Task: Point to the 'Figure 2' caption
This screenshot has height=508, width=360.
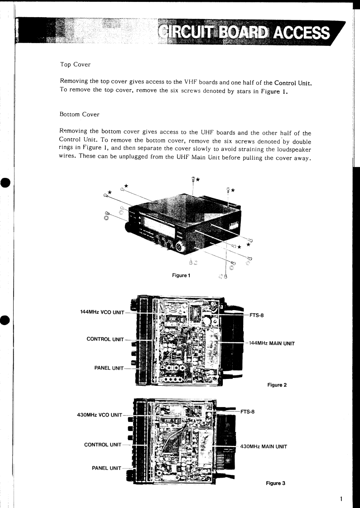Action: [277, 385]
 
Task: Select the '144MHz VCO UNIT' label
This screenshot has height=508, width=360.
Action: [101, 312]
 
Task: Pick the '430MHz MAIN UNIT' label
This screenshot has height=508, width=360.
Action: [264, 446]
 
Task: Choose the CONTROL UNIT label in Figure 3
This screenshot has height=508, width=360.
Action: [103, 445]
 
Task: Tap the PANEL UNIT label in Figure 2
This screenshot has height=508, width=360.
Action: [109, 368]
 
